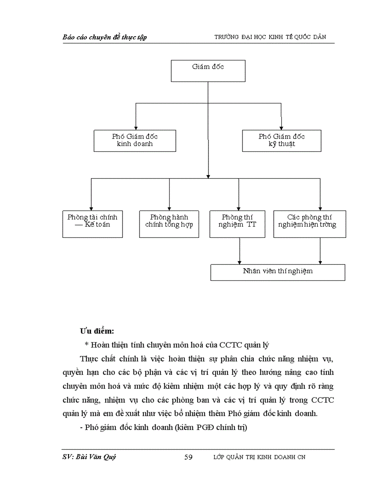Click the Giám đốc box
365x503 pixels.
tap(208, 71)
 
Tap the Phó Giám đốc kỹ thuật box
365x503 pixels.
tap(281, 141)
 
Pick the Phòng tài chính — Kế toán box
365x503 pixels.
tap(92, 224)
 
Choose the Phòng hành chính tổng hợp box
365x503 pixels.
tap(169, 224)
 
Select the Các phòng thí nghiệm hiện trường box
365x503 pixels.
tap(309, 224)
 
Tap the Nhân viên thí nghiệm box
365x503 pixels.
tap(277, 272)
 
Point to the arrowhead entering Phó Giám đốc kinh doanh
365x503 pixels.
tap(136, 127)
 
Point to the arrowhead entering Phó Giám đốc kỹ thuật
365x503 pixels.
tap(281, 127)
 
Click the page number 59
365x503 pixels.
tap(188, 457)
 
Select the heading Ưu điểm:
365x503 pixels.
tap(97, 331)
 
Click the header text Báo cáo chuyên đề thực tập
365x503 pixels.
tap(105, 37)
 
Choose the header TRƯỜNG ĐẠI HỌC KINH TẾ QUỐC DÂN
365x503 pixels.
tap(275, 37)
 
